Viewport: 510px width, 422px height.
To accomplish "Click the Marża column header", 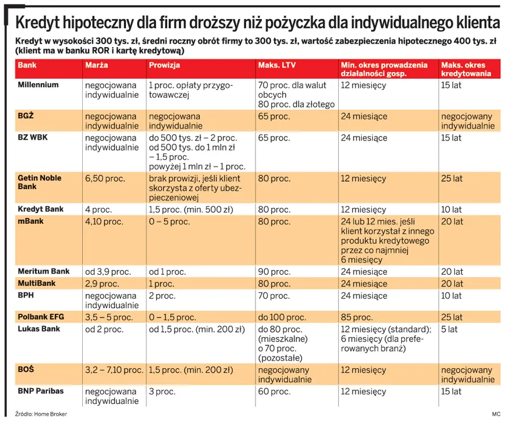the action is (96, 65).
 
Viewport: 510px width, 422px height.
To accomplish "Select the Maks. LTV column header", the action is (277, 65).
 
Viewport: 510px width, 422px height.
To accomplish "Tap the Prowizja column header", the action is (164, 65).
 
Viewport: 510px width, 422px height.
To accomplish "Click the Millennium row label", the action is (38, 85).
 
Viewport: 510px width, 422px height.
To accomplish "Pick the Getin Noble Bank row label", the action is (39, 182).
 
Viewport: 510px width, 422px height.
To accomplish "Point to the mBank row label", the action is (31, 221).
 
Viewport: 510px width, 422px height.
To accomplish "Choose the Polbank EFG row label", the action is (41, 317).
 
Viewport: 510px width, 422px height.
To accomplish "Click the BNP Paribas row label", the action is (41, 391).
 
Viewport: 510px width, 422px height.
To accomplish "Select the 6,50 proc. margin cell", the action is (105, 178).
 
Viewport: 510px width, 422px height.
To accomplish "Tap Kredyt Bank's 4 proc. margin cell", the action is (98, 210).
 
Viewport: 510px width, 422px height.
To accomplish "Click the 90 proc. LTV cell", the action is (274, 272).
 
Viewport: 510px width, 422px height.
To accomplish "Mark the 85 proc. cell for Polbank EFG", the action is (356, 317).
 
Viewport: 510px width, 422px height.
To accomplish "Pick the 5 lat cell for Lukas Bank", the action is (449, 329).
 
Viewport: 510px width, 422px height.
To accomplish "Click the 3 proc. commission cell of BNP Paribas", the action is (162, 391).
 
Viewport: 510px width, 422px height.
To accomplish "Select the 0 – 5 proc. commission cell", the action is (169, 221).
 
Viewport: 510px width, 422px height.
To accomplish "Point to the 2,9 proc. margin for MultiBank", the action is (102, 284).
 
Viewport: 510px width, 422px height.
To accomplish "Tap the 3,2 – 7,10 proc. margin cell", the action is (114, 370).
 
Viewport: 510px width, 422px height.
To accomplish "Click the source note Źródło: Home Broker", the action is (41, 414).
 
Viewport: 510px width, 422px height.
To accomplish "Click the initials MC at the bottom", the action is (496, 414).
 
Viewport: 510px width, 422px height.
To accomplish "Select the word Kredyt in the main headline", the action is (37, 23).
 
